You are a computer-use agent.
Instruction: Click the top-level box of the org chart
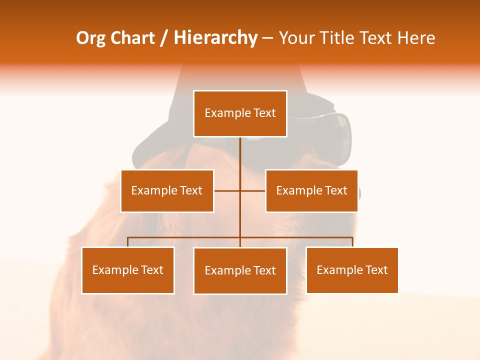240,113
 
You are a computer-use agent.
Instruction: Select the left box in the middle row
167,190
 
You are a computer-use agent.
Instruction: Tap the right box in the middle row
311,190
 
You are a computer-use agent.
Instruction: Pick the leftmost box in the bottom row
128,270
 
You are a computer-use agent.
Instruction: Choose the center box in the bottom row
240,270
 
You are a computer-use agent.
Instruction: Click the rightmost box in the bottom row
352,270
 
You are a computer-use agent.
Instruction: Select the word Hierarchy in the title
215,38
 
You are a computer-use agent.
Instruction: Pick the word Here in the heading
416,38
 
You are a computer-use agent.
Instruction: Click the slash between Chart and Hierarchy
163,38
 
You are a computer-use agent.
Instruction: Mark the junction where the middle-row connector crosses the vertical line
240,190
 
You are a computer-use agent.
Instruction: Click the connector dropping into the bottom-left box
128,242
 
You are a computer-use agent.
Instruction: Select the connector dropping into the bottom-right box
352,242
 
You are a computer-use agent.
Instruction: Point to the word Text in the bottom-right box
376,270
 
